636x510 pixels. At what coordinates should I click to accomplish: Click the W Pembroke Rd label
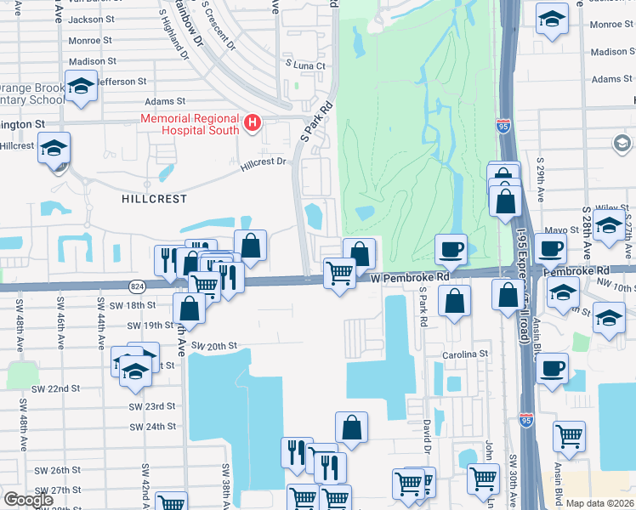coord(409,277)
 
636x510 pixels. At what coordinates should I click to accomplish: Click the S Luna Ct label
coord(306,65)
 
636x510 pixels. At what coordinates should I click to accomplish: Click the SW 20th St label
coord(213,346)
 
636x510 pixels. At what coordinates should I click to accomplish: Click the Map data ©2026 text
coord(599,503)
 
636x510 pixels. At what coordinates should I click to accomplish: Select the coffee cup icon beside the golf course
coord(450,249)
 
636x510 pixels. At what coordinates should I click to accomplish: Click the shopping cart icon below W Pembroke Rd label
coord(339,274)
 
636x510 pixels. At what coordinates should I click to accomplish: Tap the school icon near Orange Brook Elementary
coord(82,87)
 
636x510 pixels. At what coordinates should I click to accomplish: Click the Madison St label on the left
coord(92,61)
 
